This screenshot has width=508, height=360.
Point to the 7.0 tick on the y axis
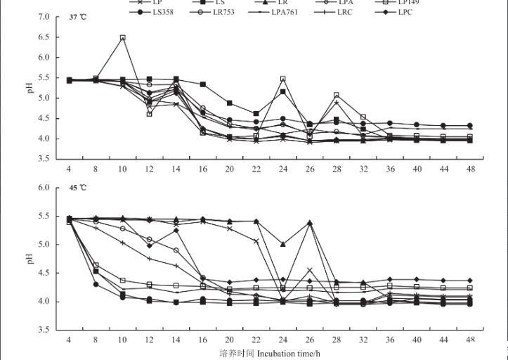[44, 17]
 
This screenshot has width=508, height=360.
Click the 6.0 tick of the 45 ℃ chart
[44, 188]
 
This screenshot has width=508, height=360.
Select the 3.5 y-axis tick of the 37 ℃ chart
[44, 159]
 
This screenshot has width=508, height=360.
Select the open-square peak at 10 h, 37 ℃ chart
[123, 38]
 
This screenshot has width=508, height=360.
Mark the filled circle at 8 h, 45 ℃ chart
[96, 284]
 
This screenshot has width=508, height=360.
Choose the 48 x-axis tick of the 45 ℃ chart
[469, 340]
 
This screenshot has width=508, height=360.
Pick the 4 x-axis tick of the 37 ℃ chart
[69, 169]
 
